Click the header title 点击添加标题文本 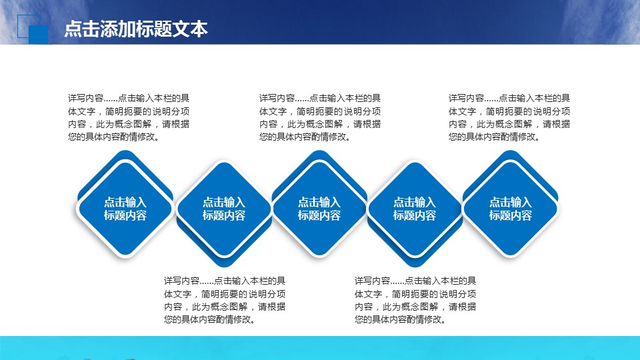(x=136, y=29)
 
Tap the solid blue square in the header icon (x=39, y=34)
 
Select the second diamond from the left (x=224, y=209)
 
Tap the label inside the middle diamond (x=319, y=209)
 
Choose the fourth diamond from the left (x=415, y=209)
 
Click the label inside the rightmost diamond (x=510, y=209)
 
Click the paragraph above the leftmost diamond (x=129, y=117)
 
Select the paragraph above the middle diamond (x=320, y=117)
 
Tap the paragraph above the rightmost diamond (x=509, y=117)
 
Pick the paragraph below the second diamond (x=225, y=300)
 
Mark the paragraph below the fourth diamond (x=415, y=300)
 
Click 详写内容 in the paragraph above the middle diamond (x=277, y=98)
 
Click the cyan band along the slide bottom (x=320, y=348)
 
